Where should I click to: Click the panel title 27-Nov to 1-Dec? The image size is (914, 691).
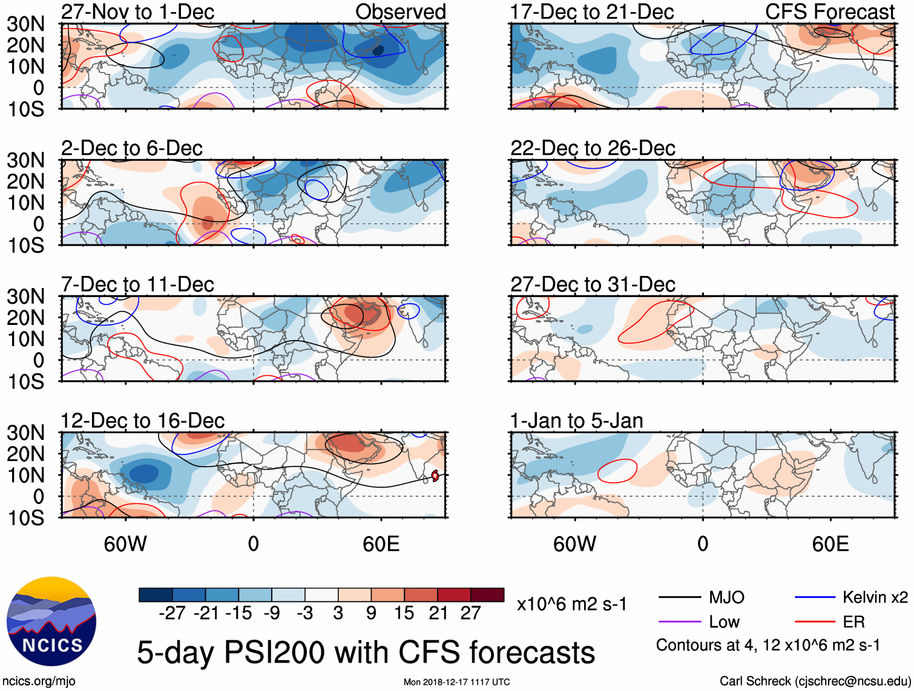click(x=137, y=11)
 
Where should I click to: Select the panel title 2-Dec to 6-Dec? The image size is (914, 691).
click(x=132, y=148)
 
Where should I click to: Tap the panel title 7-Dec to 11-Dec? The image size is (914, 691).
click(x=137, y=284)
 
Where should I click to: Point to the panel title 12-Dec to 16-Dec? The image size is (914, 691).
click(x=142, y=421)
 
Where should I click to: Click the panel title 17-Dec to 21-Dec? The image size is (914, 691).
click(x=592, y=11)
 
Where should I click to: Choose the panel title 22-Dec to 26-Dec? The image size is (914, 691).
click(x=593, y=148)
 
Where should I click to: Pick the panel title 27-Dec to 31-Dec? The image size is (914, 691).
click(x=593, y=284)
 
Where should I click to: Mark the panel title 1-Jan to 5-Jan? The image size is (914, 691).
click(x=576, y=421)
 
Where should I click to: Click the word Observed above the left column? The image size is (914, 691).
click(x=400, y=11)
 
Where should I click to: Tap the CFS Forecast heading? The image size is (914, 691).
click(x=830, y=11)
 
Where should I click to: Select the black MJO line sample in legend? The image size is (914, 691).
click(x=679, y=598)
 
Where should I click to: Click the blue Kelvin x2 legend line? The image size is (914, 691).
click(x=815, y=598)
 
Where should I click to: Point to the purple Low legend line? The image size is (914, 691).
click(x=679, y=622)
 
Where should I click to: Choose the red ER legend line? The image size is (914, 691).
click(x=815, y=622)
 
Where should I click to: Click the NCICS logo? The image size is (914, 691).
click(x=51, y=621)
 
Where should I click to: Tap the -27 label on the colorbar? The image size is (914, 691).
click(x=172, y=614)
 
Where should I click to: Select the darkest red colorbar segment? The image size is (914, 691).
click(x=487, y=595)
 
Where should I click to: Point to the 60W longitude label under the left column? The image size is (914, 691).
click(x=125, y=544)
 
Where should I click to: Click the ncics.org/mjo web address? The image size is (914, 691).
click(x=39, y=681)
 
